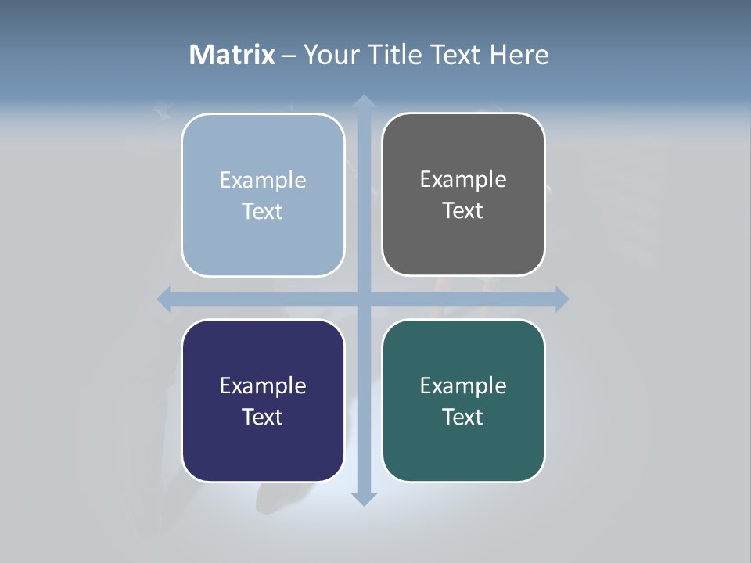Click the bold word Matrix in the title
pyautogui.click(x=232, y=55)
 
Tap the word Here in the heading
pyautogui.click(x=519, y=55)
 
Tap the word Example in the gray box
pyautogui.click(x=463, y=179)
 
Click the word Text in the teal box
pyautogui.click(x=463, y=417)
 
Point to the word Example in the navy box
pyautogui.click(x=263, y=385)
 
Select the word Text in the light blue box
pyautogui.click(x=263, y=211)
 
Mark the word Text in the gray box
pyautogui.click(x=463, y=210)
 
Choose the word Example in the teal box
pyautogui.click(x=463, y=385)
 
